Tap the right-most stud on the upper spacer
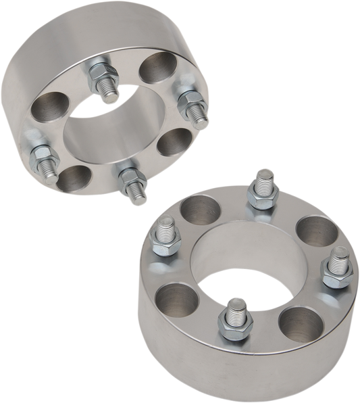[190, 103]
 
